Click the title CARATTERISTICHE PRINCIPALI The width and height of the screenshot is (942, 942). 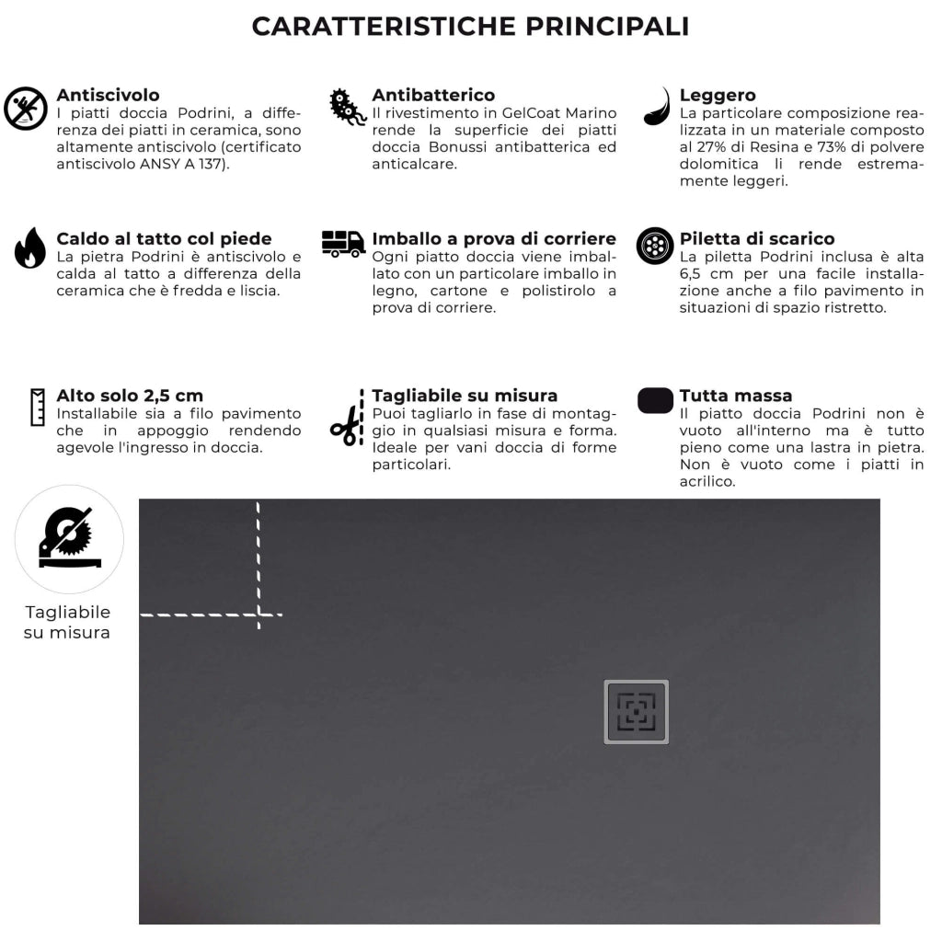(470, 26)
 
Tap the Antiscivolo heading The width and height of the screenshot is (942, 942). (108, 95)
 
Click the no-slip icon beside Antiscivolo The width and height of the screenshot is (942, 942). (26, 109)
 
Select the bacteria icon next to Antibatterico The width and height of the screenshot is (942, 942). (348, 108)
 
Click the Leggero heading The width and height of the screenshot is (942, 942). (718, 95)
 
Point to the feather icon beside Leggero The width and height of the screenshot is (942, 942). (657, 107)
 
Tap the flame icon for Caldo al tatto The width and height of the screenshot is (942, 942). (29, 247)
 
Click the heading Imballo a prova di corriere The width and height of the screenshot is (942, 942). (494, 239)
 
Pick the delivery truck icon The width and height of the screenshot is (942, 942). (343, 244)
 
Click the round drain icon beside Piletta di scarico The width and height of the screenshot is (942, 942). (655, 246)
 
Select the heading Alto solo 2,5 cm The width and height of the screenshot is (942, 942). (130, 396)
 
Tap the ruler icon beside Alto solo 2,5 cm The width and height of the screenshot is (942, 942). (38, 407)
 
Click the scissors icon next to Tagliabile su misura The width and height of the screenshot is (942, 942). (347, 426)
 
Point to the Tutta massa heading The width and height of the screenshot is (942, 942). (735, 396)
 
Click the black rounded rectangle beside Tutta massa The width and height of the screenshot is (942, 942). (655, 401)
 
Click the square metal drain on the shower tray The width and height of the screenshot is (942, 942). (636, 712)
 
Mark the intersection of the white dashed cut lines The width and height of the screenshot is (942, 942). (258, 614)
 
